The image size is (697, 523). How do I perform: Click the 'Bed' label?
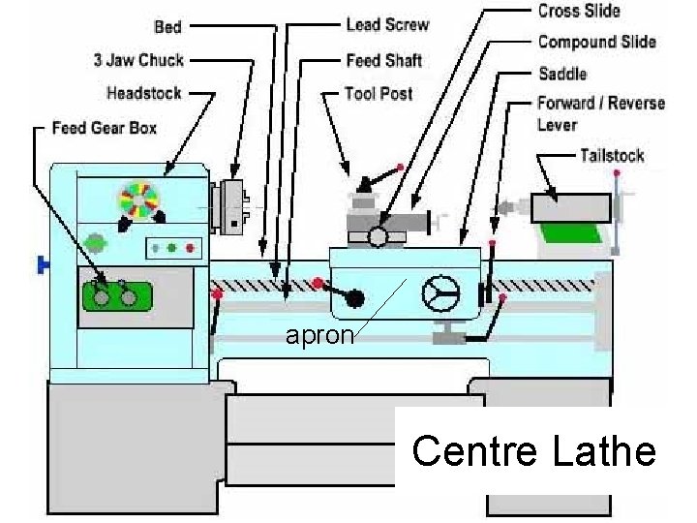click(167, 26)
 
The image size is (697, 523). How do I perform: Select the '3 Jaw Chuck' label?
click(137, 60)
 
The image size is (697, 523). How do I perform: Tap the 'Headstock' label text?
click(144, 93)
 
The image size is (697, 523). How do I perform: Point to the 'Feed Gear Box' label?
click(104, 128)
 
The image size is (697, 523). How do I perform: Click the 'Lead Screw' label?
click(387, 24)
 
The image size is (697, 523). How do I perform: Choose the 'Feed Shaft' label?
click(384, 60)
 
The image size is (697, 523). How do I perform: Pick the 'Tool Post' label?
click(379, 94)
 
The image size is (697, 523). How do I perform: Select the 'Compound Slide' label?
click(596, 42)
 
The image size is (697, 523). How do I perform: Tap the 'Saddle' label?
click(562, 74)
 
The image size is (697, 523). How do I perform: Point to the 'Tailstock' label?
click(612, 155)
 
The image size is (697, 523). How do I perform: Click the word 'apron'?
click(319, 336)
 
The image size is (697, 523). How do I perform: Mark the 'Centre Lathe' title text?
click(533, 451)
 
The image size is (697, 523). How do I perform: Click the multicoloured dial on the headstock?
click(137, 199)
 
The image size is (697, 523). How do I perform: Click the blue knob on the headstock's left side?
click(42, 263)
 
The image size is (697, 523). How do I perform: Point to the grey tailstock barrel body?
click(570, 208)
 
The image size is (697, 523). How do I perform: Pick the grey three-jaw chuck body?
click(231, 207)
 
